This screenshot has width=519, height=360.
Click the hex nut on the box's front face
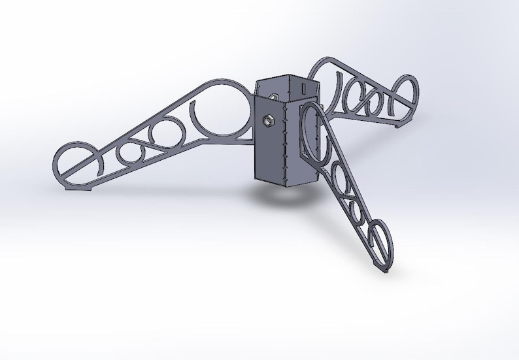[266, 121]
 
